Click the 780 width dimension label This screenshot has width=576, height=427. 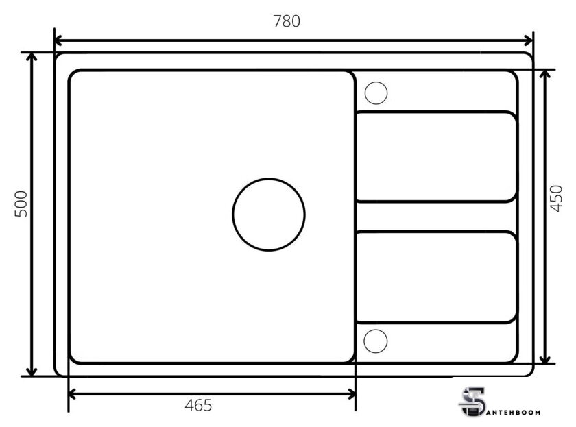[x=287, y=21]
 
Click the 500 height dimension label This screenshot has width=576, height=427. [x=21, y=204]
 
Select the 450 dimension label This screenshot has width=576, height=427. [x=556, y=199]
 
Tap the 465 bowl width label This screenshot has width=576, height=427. [x=198, y=405]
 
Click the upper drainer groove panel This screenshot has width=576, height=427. [x=436, y=112]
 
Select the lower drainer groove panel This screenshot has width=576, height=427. [x=436, y=232]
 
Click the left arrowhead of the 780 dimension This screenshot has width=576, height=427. [x=58, y=40]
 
